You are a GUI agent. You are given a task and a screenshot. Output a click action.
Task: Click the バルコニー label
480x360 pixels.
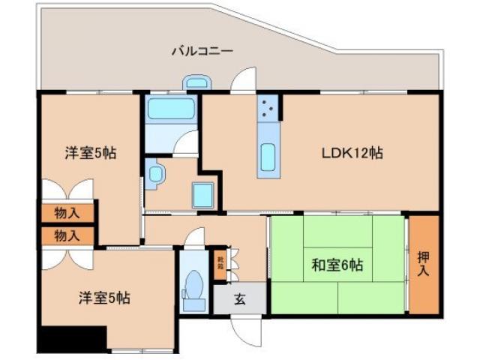tap(202, 52)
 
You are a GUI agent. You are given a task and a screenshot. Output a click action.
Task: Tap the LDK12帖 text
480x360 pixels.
tap(353, 153)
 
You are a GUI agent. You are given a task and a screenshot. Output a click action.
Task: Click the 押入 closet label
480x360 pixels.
tap(422, 265)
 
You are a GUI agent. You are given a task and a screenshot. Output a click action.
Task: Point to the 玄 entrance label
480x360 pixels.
tap(239, 299)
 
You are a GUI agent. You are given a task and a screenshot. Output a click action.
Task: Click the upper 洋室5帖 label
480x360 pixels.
tap(89, 153)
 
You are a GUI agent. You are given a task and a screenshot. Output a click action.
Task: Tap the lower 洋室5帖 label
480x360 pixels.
tap(104, 298)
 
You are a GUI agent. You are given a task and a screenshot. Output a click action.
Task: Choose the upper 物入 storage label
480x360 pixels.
tap(67, 212)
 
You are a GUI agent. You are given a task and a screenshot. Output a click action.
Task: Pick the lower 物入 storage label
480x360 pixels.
tap(67, 235)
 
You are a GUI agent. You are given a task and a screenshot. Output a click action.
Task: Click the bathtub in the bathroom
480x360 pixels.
tap(171, 109)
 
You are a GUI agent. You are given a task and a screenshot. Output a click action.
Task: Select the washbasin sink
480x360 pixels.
tap(155, 174)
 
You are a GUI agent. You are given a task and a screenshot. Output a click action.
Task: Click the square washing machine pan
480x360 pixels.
tap(204, 194)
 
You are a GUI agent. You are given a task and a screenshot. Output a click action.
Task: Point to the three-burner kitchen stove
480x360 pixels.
tap(268, 109)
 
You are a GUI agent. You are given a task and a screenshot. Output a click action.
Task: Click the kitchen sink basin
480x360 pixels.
tap(268, 157)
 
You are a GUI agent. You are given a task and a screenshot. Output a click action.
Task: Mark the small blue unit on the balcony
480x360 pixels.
tap(197, 83)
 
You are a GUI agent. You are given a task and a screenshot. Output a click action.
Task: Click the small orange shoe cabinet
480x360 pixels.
tap(220, 265)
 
